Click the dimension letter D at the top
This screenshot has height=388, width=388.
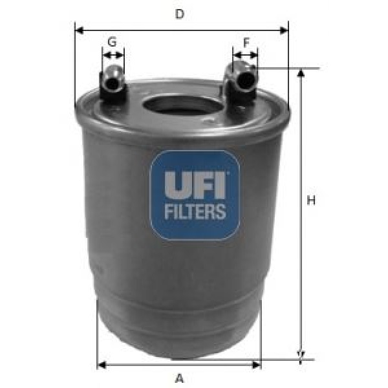pyautogui.click(x=181, y=14)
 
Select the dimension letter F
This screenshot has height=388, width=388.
pyautogui.click(x=246, y=43)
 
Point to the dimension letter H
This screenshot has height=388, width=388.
pyautogui.click(x=311, y=200)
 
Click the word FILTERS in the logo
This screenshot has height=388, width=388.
pyautogui.click(x=195, y=211)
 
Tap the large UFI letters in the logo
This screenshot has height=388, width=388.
pyautogui.click(x=194, y=186)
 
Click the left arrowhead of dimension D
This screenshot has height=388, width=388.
pyautogui.click(x=79, y=29)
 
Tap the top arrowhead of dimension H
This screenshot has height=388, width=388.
pyautogui.click(x=300, y=72)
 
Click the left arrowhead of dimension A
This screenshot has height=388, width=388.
pyautogui.click(x=100, y=365)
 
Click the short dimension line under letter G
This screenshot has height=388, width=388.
pyautogui.click(x=113, y=55)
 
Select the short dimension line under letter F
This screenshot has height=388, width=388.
pyautogui.click(x=245, y=55)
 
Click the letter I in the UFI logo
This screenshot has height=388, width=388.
pyautogui.click(x=220, y=186)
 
